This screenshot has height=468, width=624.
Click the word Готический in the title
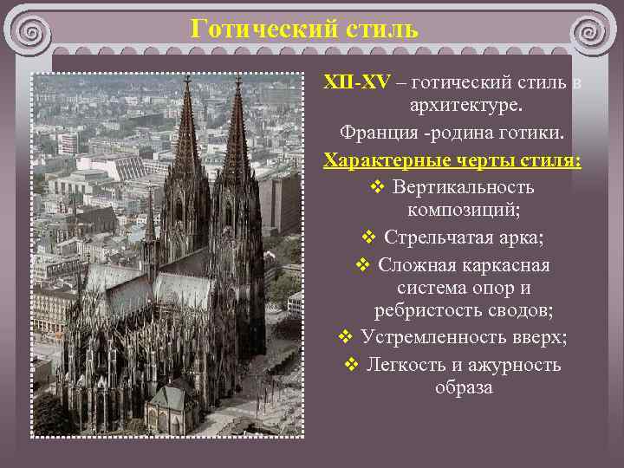(259, 29)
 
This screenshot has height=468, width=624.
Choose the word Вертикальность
(463, 187)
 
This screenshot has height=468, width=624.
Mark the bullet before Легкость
(351, 365)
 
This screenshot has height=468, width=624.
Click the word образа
(464, 387)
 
